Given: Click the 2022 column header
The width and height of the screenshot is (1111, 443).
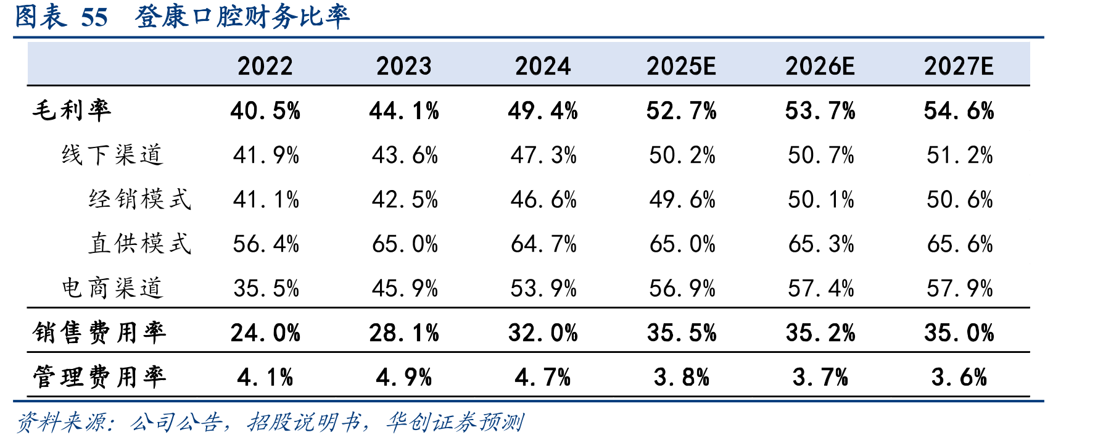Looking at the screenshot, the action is click(x=265, y=66).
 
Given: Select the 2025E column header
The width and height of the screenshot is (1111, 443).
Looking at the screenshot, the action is click(x=681, y=66).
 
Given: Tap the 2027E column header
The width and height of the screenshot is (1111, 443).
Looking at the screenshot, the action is click(x=959, y=66).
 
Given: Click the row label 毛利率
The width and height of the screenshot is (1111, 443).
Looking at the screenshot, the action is click(x=72, y=110).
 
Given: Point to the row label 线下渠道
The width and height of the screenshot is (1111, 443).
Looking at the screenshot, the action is click(x=112, y=155).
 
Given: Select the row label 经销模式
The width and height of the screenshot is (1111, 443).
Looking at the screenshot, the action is click(x=140, y=199).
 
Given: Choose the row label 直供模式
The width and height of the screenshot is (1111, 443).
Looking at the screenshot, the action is click(x=140, y=244).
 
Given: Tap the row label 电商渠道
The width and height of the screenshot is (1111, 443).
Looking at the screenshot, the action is click(x=112, y=288).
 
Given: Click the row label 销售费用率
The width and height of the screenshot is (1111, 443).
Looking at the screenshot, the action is click(x=99, y=333).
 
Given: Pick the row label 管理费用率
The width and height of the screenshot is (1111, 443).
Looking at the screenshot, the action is click(x=99, y=377).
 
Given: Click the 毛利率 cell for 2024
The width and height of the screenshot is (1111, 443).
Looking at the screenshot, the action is click(x=543, y=111).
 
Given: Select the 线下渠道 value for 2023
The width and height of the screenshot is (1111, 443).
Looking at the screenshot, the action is click(x=405, y=155).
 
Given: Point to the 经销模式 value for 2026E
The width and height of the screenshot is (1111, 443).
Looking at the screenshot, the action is click(x=821, y=200).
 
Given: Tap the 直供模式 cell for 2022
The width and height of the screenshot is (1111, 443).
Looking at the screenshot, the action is click(x=266, y=244).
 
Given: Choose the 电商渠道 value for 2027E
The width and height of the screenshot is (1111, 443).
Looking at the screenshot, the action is click(x=960, y=289).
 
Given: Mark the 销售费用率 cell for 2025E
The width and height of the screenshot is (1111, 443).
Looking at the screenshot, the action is click(x=682, y=333).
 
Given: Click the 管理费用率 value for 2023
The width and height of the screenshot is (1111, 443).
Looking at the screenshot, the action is click(x=404, y=378).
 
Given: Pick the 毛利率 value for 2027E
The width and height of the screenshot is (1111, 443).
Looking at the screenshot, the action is click(x=959, y=111).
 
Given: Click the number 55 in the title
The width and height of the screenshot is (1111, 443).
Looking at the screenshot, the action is click(x=94, y=17).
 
